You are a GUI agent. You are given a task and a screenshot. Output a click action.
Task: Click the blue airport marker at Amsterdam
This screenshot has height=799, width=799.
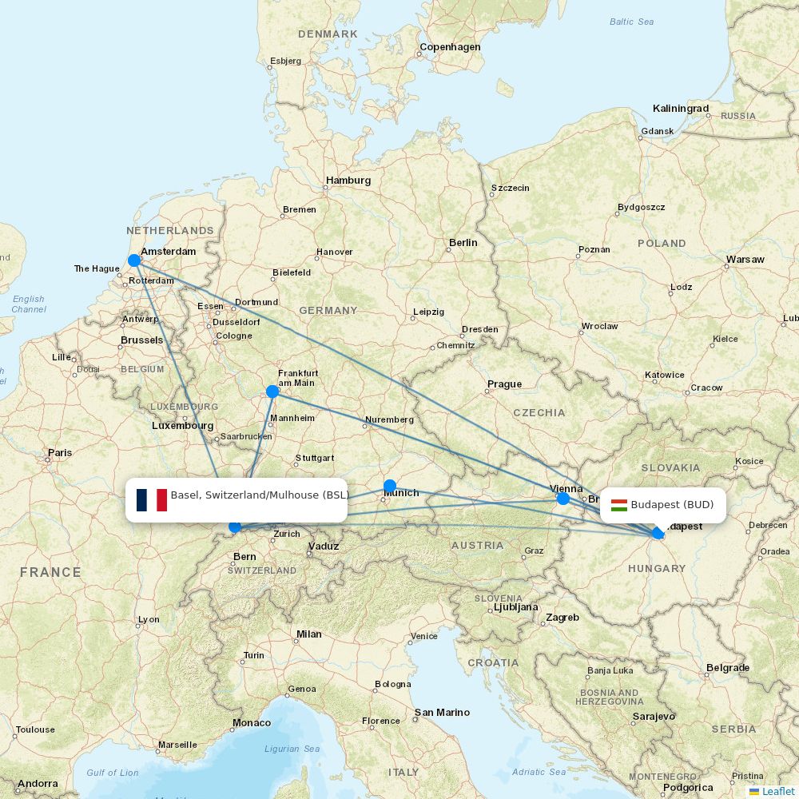(x=134, y=260)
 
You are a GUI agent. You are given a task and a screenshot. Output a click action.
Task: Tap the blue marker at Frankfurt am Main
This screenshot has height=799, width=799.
(x=272, y=392)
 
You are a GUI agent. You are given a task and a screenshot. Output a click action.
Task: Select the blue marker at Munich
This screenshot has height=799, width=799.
(x=390, y=486)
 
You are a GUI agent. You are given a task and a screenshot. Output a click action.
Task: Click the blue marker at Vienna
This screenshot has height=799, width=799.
(x=563, y=499)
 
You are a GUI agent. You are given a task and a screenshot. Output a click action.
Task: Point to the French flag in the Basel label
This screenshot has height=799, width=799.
(x=151, y=500)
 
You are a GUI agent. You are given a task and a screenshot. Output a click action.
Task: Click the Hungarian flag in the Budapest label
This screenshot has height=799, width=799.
(x=619, y=505)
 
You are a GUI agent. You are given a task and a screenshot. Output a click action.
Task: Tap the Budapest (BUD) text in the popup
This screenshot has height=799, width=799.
(x=672, y=505)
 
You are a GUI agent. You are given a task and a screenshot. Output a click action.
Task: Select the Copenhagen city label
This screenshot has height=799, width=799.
(x=451, y=47)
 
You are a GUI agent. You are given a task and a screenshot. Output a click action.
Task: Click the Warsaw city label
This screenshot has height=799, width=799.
(x=745, y=260)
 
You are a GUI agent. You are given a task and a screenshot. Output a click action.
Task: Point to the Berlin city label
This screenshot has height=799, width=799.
(x=463, y=243)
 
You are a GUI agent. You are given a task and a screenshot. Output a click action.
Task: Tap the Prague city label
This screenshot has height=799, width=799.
(x=504, y=384)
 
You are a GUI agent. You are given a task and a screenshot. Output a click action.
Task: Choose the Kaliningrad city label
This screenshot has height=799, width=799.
(x=680, y=109)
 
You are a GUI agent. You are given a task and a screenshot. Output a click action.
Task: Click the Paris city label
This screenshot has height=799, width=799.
(x=59, y=453)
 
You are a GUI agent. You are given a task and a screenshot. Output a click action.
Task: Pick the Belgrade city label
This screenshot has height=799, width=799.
(x=727, y=668)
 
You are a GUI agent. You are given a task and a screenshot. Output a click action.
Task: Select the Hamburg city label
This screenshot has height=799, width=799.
(x=348, y=181)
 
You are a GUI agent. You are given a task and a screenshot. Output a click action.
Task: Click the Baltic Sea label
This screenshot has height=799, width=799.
(x=631, y=22)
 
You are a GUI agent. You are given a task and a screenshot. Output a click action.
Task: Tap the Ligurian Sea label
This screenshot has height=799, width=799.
(x=292, y=749)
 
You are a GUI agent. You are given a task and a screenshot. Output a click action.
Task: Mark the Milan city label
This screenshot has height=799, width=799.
(x=308, y=634)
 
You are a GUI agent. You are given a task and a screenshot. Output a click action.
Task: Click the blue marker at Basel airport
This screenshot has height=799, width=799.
(x=235, y=527)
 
